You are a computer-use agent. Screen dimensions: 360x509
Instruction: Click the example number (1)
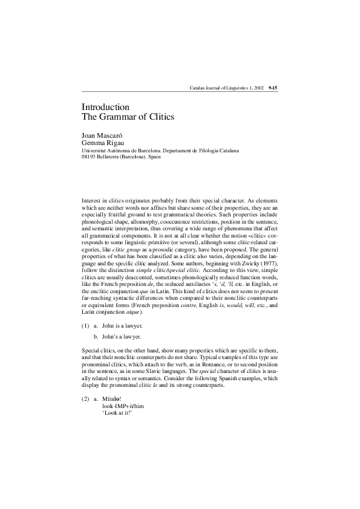85,325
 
